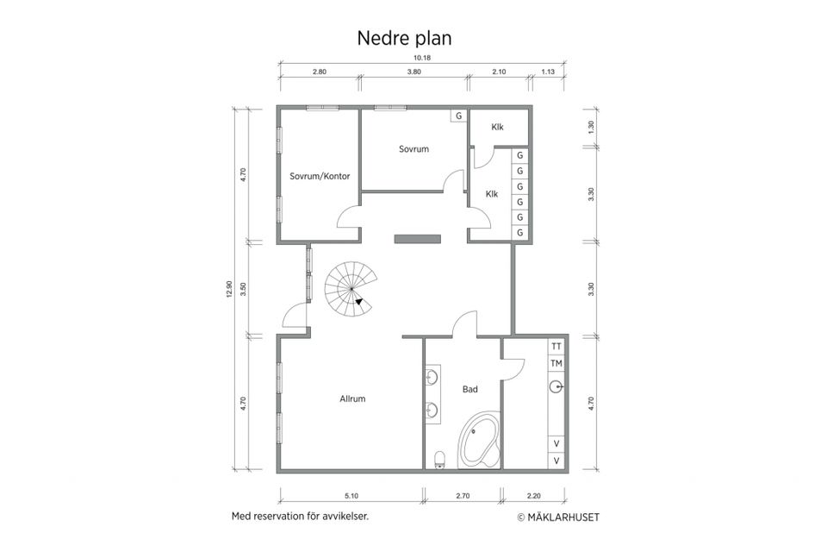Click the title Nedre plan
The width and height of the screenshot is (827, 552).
(x=404, y=39)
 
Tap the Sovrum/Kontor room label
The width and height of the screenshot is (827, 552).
(x=320, y=178)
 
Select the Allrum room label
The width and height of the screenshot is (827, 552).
(x=353, y=399)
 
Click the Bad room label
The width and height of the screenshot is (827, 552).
(x=470, y=390)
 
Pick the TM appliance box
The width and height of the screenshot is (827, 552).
(x=557, y=363)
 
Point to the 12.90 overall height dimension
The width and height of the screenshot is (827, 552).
(x=230, y=291)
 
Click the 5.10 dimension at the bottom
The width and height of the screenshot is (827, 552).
(x=351, y=496)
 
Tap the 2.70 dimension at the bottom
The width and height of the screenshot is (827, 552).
(x=463, y=496)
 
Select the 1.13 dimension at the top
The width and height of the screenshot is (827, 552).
(x=548, y=72)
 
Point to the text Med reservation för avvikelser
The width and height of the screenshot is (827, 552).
(x=300, y=517)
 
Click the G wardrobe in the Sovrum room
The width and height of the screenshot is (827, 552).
(x=459, y=116)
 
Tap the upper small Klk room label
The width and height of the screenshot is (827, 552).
(x=497, y=128)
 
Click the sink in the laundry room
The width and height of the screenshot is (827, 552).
(x=557, y=387)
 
